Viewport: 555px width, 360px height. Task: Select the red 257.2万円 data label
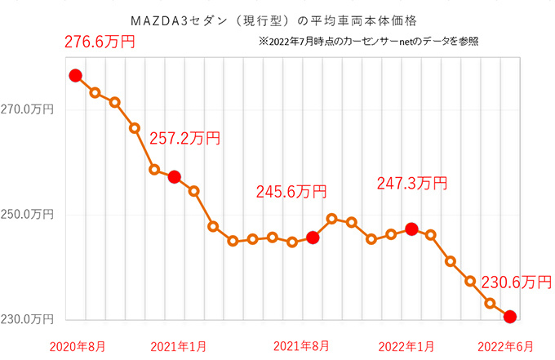[185, 139]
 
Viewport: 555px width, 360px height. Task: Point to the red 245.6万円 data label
[291, 192]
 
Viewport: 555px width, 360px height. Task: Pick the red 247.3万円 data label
[412, 184]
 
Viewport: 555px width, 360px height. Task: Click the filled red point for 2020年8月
[75, 76]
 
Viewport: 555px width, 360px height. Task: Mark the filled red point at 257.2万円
[174, 177]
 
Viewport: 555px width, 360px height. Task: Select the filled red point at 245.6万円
[312, 238]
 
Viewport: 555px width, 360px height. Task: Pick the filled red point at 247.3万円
[411, 229]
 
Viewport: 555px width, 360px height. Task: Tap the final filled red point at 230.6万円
[510, 317]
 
